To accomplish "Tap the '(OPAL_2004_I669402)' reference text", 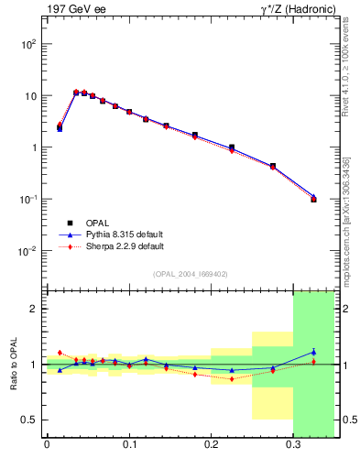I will pos(191,274).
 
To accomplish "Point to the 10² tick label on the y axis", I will pos(28,44).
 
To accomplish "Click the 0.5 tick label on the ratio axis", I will pos(28,420).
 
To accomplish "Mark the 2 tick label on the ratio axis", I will pos(33,309).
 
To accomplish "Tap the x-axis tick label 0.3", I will pos(293,446).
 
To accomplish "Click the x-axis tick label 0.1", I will pos(129,446).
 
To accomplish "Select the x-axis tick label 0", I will pos(47,446).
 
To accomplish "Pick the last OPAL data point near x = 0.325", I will pos(313,199).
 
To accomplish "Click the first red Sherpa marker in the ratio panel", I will pos(60,353).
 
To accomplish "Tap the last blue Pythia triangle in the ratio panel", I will pos(313,352).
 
